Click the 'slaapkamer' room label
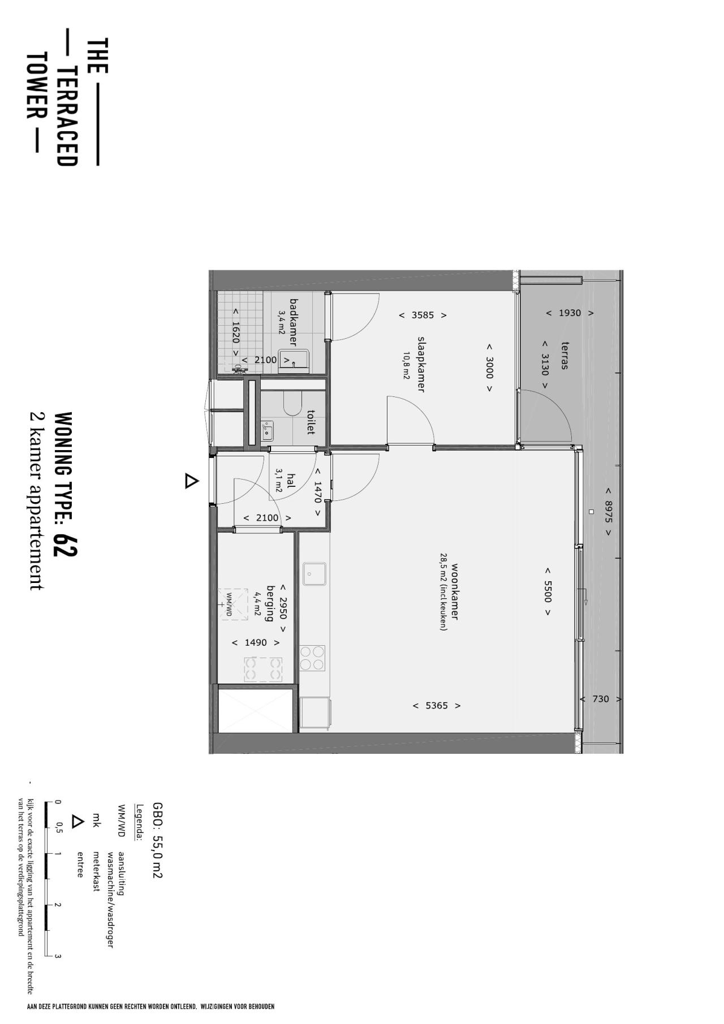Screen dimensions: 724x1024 pos(420,364)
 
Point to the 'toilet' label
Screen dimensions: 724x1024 pos(310,422)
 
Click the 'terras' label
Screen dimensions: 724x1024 pos(564,355)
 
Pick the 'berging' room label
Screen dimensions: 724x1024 pos(270,603)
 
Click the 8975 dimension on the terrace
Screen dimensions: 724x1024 pos(609,511)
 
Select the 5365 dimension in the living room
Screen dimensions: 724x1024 pos(437,706)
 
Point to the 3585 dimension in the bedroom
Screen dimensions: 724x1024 pos(423,315)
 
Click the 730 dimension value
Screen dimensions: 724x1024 pos(601,699)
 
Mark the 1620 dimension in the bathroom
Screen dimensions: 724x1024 pos(236,332)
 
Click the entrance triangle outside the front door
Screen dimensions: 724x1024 pos(192,481)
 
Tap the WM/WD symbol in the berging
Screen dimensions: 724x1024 pos(232,604)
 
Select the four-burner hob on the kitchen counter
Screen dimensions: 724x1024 pos(312,658)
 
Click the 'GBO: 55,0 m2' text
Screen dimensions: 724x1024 pos(157,840)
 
